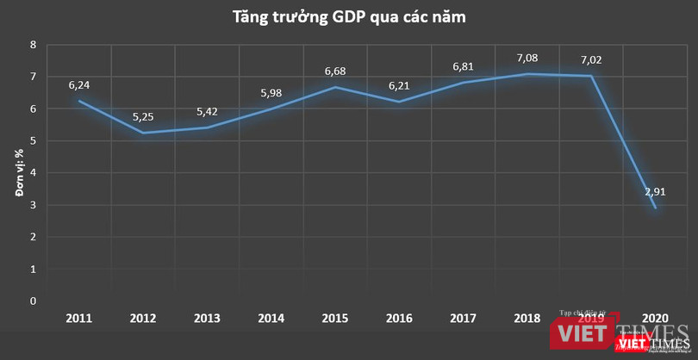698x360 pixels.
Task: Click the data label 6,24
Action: [x=80, y=85]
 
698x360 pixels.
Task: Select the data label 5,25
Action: [x=142, y=117]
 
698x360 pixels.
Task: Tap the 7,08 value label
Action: [x=527, y=58]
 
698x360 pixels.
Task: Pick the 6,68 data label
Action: [x=334, y=71]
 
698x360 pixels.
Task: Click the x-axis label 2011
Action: [x=80, y=319]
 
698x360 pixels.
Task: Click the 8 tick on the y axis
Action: [x=33, y=45]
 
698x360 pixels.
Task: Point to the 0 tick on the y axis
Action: [x=33, y=301]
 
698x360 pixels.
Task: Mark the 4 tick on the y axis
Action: [x=33, y=173]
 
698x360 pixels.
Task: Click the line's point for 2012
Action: [x=143, y=133]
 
